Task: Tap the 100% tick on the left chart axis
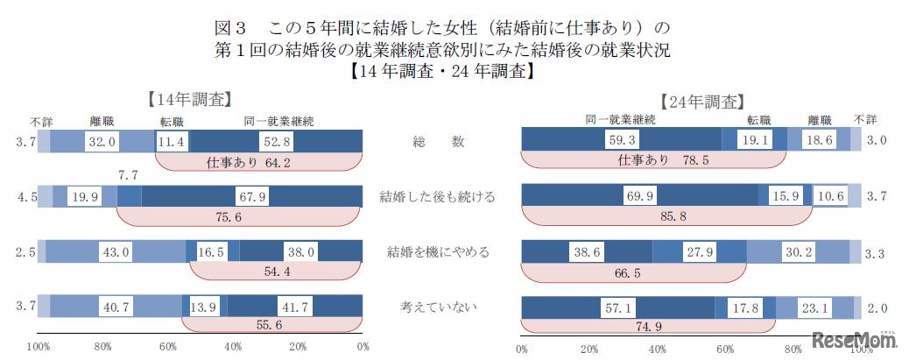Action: (38, 348)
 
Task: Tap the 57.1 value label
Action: (618, 307)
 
